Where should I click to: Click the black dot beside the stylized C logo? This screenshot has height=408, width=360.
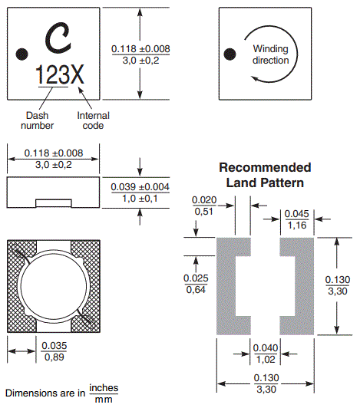click(22, 54)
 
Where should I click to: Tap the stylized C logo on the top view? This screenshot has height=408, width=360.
click(58, 38)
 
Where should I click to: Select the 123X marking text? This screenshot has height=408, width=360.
click(60, 74)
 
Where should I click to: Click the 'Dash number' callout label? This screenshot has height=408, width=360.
click(38, 120)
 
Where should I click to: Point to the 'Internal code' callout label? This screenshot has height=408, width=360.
click(93, 120)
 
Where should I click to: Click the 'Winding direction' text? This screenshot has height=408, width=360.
click(271, 54)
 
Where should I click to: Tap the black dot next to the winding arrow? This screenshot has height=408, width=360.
click(230, 54)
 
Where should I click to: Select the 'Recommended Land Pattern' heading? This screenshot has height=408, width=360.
click(265, 175)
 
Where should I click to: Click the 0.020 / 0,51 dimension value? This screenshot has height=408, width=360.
click(204, 206)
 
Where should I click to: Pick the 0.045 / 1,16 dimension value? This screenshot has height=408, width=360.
click(297, 219)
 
